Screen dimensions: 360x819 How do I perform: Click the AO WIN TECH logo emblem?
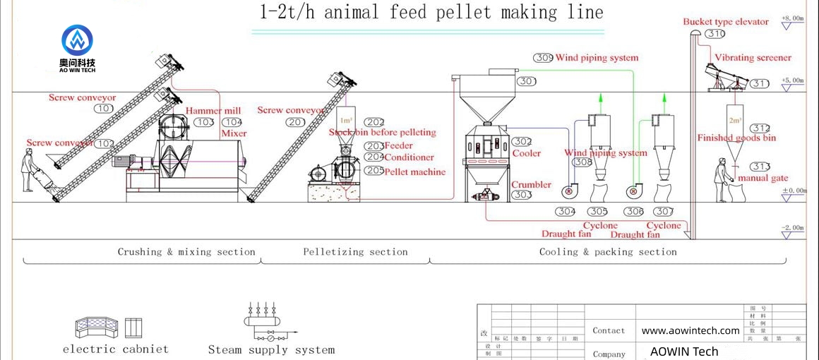coord(77,41)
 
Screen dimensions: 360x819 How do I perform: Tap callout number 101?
coord(104,109)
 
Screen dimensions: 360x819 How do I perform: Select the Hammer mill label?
coord(213,111)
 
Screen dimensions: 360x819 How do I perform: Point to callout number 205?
coord(374,171)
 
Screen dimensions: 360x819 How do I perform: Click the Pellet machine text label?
coord(415,172)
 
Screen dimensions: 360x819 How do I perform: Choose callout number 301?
coord(526,82)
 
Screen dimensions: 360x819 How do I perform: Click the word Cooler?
coord(527,153)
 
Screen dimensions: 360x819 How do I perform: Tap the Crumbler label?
coord(532,184)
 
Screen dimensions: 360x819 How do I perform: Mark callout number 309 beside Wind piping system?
coord(543,58)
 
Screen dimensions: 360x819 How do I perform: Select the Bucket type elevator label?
coord(726,22)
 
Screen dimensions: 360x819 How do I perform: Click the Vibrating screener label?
coord(753,58)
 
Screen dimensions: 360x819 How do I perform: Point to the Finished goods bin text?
coord(736,138)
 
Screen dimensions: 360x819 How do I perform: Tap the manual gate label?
coord(763,179)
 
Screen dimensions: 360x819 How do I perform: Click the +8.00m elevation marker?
coord(793,18)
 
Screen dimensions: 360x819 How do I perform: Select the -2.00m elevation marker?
coord(793,227)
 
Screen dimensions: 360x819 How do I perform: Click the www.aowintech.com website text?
coord(691,330)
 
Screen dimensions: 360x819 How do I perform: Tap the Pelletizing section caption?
coord(355,252)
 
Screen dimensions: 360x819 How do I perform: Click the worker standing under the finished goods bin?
coord(721,180)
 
